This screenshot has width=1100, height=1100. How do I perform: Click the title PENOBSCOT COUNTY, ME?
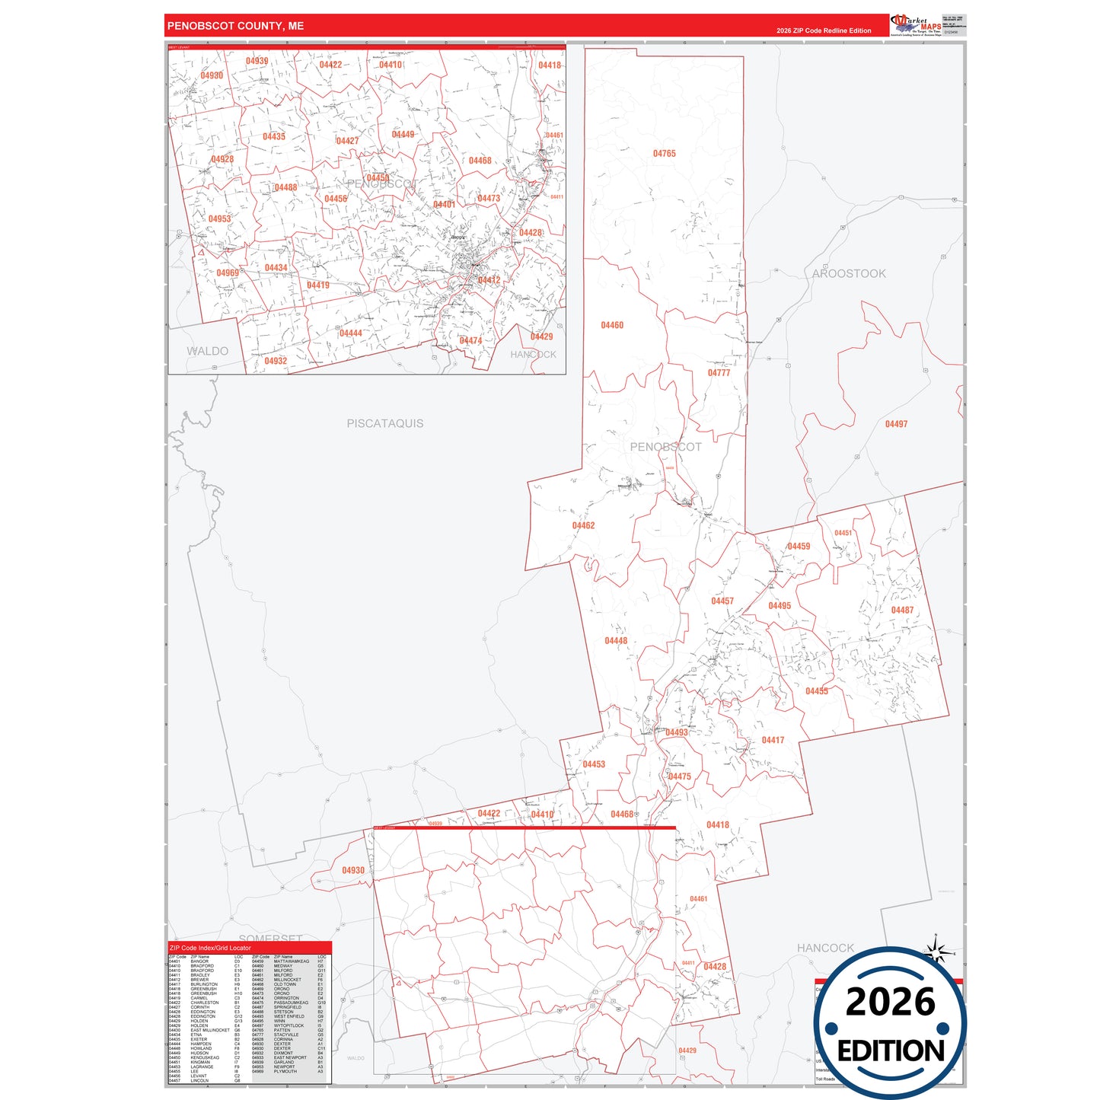coord(235,26)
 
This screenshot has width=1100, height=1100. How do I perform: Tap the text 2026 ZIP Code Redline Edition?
coord(824,30)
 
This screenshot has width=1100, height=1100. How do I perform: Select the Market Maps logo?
coord(916,25)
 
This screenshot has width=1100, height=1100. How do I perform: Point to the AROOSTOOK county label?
coord(849,273)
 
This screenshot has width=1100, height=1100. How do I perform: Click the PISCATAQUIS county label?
coord(385,423)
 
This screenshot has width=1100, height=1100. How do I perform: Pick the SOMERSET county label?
coord(271,938)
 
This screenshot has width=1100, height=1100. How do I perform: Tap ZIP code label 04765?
coord(664,154)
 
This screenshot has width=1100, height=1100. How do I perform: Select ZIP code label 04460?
coord(612,325)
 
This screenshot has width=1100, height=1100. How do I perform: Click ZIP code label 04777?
coord(719,373)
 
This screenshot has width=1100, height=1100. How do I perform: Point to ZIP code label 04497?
coord(896,424)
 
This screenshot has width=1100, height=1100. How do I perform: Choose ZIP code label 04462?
coord(583,525)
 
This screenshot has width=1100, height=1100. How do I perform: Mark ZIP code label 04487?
coord(902,610)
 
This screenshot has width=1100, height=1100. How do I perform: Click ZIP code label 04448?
coord(616,641)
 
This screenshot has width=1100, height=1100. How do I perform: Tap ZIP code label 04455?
coord(816,691)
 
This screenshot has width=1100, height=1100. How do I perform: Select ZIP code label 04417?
coord(773,740)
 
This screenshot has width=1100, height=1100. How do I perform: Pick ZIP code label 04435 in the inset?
coord(274,137)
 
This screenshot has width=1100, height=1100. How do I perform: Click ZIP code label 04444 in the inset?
coord(351,333)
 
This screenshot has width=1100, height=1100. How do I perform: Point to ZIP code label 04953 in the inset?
coord(219,219)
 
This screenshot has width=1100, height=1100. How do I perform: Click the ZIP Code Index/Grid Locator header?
coord(210,948)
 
